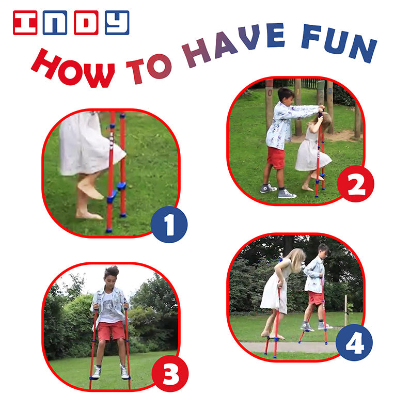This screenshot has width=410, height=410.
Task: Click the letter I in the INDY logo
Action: pyautogui.click(x=25, y=23)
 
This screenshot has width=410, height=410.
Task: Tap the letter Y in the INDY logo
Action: pyautogui.click(x=117, y=23)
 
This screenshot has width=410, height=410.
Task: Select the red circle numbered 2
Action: pyautogui.click(x=356, y=184)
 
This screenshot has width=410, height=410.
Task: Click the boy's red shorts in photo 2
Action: pyautogui.click(x=276, y=157)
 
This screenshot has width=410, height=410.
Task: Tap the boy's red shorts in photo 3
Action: pyautogui.click(x=111, y=330)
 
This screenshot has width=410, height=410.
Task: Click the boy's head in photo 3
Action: pyautogui.click(x=111, y=274)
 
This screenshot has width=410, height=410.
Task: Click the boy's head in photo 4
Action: pyautogui.click(x=323, y=250)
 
